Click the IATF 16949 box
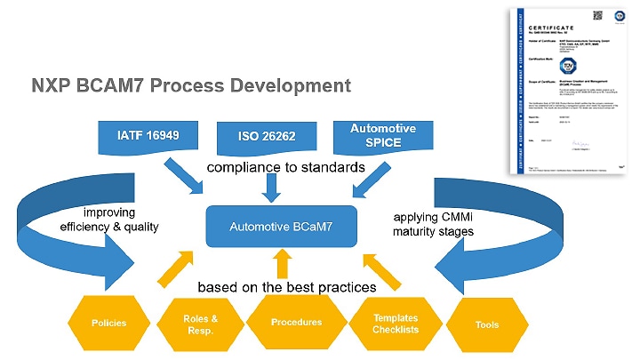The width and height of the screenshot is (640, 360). (x=148, y=137)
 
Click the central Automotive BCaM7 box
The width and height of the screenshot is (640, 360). (x=281, y=227)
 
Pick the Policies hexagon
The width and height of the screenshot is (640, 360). (x=109, y=323)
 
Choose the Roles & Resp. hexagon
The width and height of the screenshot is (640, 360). (x=200, y=323)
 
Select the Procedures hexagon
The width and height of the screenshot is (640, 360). (x=296, y=322)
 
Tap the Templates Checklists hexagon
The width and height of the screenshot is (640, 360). (x=396, y=323)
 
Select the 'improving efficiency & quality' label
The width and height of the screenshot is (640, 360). (x=108, y=220)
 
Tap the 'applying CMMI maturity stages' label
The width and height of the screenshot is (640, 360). (x=432, y=224)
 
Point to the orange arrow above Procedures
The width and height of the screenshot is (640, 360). (x=283, y=262)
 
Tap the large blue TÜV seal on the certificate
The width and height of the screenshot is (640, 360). (x=568, y=66)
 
